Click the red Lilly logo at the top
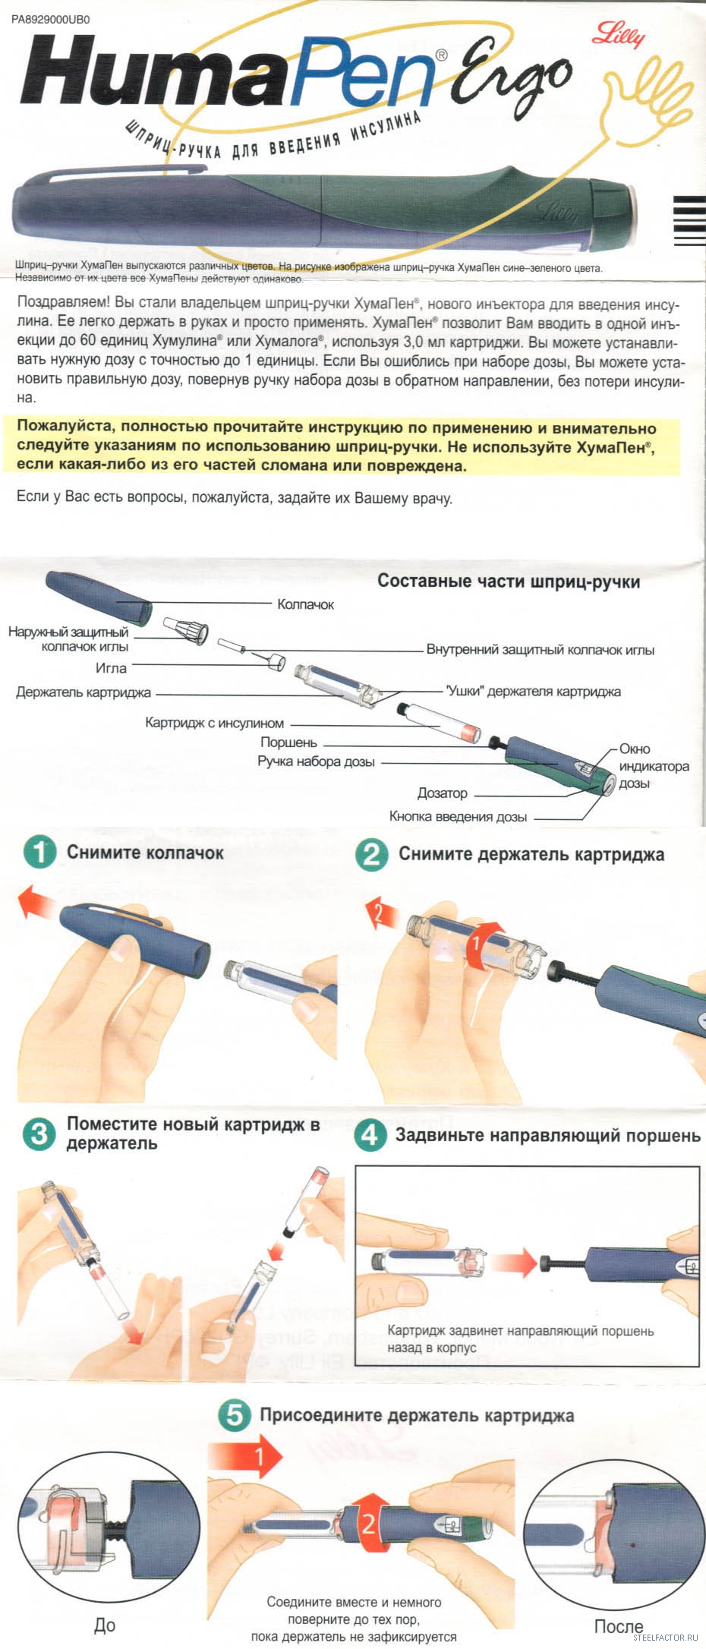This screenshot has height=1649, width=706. [619, 33]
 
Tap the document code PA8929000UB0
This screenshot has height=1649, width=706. [51, 20]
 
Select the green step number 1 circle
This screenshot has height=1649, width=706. [40, 853]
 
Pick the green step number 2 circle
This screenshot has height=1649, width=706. [372, 855]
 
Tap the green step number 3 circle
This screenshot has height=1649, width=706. [39, 1134]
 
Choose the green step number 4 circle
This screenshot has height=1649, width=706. [370, 1135]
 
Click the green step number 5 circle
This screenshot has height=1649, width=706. [235, 1415]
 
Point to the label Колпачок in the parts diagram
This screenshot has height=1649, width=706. [305, 605]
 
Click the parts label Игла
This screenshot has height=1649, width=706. [111, 668]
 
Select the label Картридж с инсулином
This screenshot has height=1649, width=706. [214, 724]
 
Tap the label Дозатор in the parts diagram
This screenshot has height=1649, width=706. [443, 793]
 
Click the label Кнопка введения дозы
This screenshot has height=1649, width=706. [458, 817]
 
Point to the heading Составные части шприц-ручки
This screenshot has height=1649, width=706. [509, 582]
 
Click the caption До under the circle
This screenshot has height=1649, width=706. [105, 1625]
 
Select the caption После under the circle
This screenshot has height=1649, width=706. [619, 1626]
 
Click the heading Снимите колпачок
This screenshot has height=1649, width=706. [145, 853]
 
